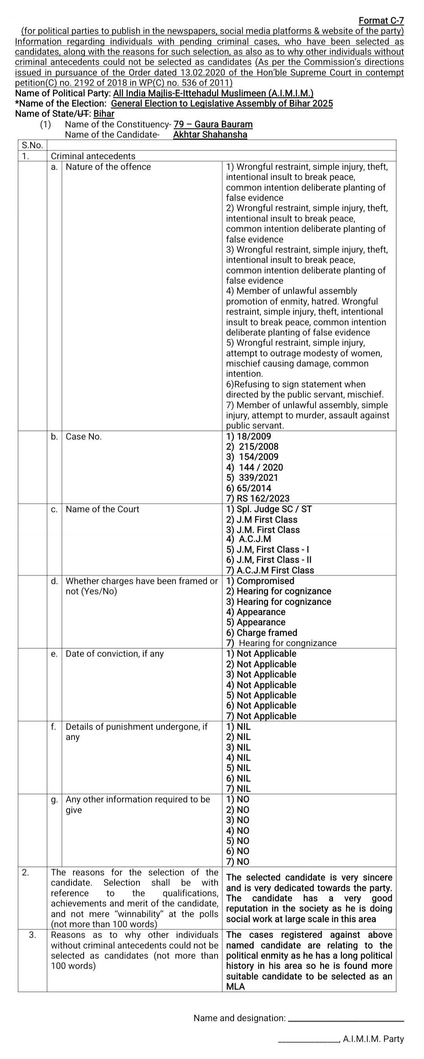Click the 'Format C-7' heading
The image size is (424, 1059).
point(381,20)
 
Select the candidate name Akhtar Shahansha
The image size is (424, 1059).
point(210,134)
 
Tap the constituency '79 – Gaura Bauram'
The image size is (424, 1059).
point(213,124)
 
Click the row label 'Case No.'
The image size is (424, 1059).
point(83,437)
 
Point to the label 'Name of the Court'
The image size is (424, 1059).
point(102,509)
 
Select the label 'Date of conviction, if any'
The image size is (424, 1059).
point(115,654)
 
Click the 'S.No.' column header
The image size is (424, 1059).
point(32,145)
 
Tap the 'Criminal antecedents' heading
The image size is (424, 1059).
point(93,156)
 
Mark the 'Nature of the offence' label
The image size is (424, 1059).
point(108,166)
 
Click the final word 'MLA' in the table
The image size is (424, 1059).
point(236,987)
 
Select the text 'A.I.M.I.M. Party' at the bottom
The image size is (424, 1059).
point(373,1039)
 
